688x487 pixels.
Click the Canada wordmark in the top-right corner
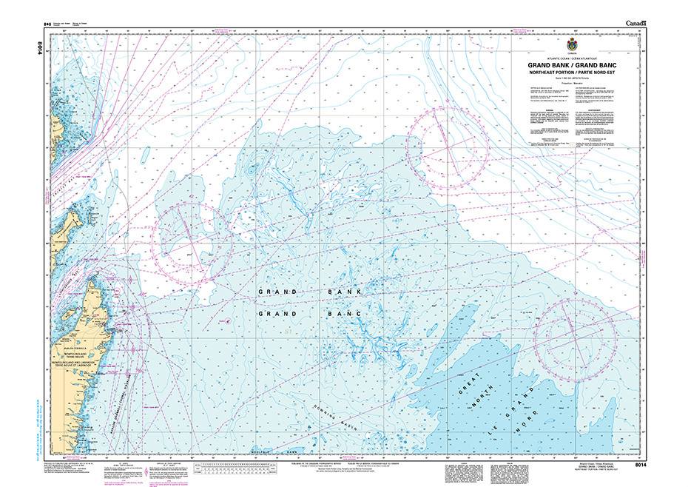tap(635, 24)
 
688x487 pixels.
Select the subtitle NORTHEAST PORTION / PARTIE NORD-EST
tap(572, 73)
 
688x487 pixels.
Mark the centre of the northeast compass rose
tap(448, 145)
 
